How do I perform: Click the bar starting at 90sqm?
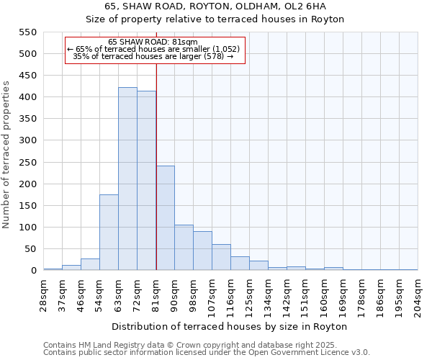point(184,248)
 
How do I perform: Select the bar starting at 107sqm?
point(221,257)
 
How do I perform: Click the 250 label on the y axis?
point(26,163)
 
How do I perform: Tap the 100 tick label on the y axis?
point(26,228)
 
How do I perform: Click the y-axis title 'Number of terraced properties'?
point(6,155)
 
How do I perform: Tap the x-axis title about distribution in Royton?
point(230,326)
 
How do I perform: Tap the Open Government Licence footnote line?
point(207,352)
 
